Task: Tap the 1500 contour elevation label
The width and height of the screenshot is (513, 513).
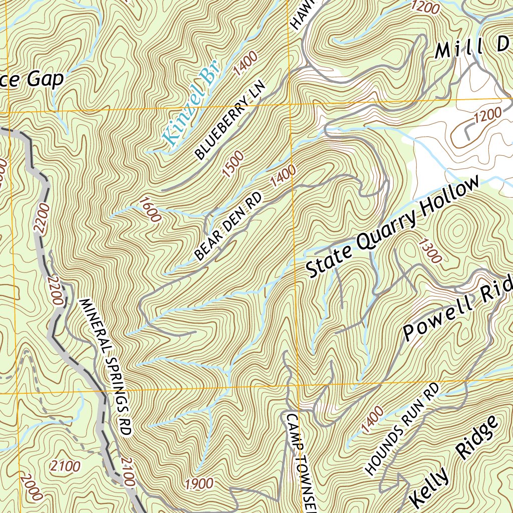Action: [x=233, y=164]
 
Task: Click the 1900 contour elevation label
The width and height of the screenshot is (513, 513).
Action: [x=199, y=483]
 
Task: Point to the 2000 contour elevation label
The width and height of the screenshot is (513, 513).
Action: [x=31, y=486]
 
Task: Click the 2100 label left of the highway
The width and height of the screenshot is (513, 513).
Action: [x=65, y=466]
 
